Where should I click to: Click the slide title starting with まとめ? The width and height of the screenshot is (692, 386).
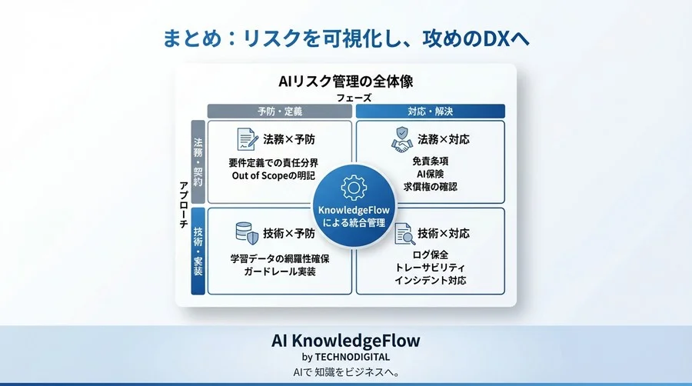[346, 38]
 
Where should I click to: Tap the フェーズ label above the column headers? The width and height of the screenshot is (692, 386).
[354, 98]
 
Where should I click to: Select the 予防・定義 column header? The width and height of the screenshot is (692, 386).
[281, 111]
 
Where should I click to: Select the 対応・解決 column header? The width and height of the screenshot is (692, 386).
[430, 111]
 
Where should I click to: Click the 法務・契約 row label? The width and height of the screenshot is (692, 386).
[198, 161]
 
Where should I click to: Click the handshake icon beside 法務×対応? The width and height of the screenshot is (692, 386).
[401, 140]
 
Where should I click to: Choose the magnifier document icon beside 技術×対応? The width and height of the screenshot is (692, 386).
[402, 233]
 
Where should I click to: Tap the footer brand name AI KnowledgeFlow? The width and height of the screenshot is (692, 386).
[346, 340]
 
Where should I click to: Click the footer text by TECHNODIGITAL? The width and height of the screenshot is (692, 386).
[346, 357]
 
